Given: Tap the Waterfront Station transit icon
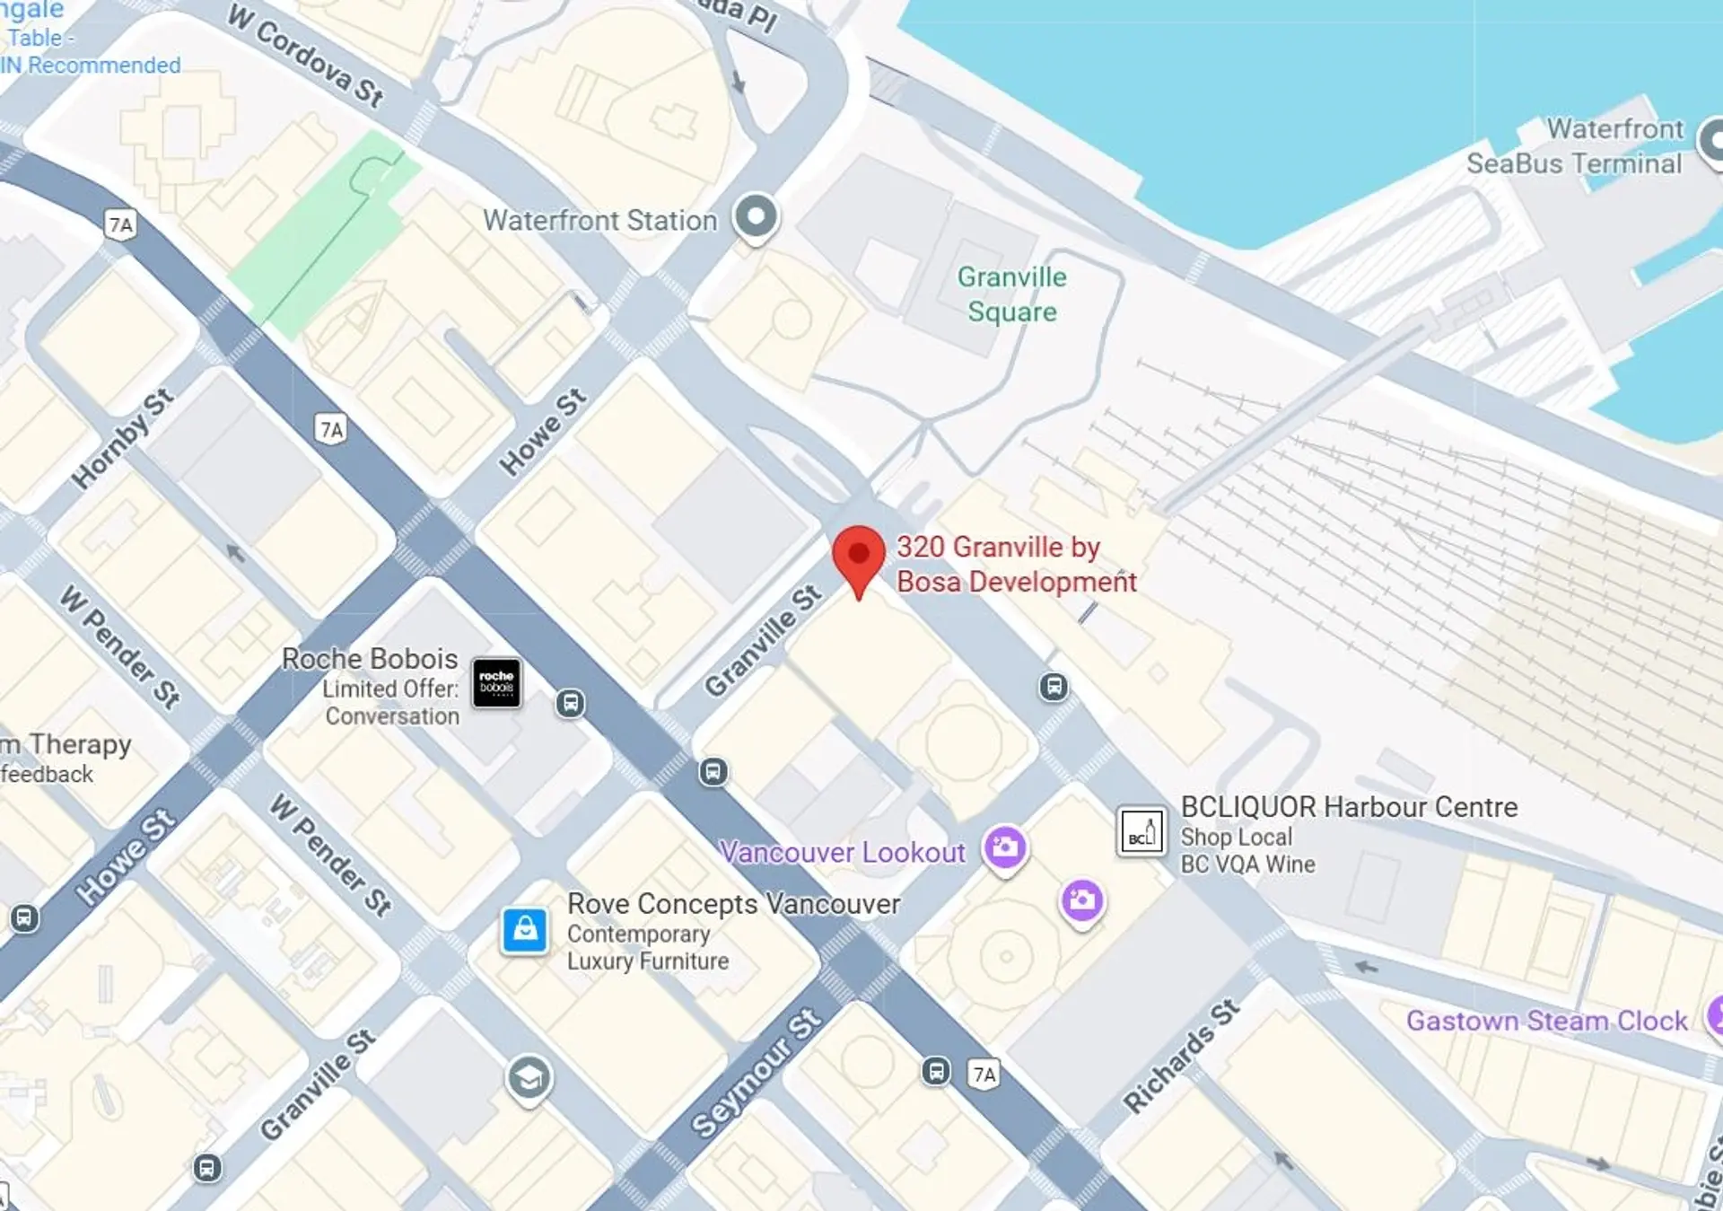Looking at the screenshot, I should click(756, 217).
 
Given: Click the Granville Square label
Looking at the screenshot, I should click(1011, 294).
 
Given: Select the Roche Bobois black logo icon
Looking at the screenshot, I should click(496, 683).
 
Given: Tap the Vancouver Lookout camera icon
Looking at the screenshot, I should click(1004, 847).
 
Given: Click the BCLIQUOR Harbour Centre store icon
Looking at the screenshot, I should click(1141, 831).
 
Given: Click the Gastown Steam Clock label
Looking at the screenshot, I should click(1546, 1021).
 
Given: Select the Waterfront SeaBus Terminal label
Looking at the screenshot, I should click(1575, 146).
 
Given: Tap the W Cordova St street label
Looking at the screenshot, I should click(306, 55).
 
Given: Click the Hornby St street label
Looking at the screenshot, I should click(123, 439).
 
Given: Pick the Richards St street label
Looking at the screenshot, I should click(1181, 1056).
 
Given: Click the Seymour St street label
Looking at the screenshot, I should click(756, 1073).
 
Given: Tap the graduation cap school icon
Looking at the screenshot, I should click(529, 1078).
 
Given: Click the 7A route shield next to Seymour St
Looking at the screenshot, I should click(984, 1075).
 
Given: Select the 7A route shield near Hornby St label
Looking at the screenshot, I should click(332, 430).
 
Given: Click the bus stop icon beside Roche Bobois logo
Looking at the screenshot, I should click(570, 703).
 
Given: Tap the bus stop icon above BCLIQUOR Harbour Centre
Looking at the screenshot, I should click(1054, 688).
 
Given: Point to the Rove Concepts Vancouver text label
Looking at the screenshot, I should click(733, 904).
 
